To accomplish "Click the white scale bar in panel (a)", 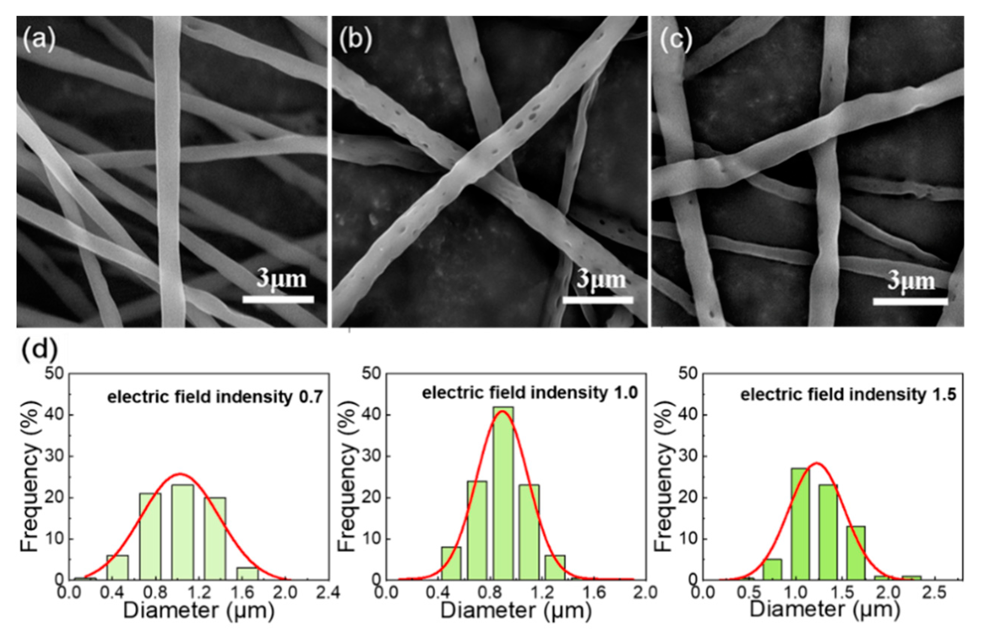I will (x=278, y=299).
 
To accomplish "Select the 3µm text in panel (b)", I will (x=601, y=280).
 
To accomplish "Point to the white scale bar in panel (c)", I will (x=910, y=301).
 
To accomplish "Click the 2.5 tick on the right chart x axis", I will (x=934, y=593).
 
